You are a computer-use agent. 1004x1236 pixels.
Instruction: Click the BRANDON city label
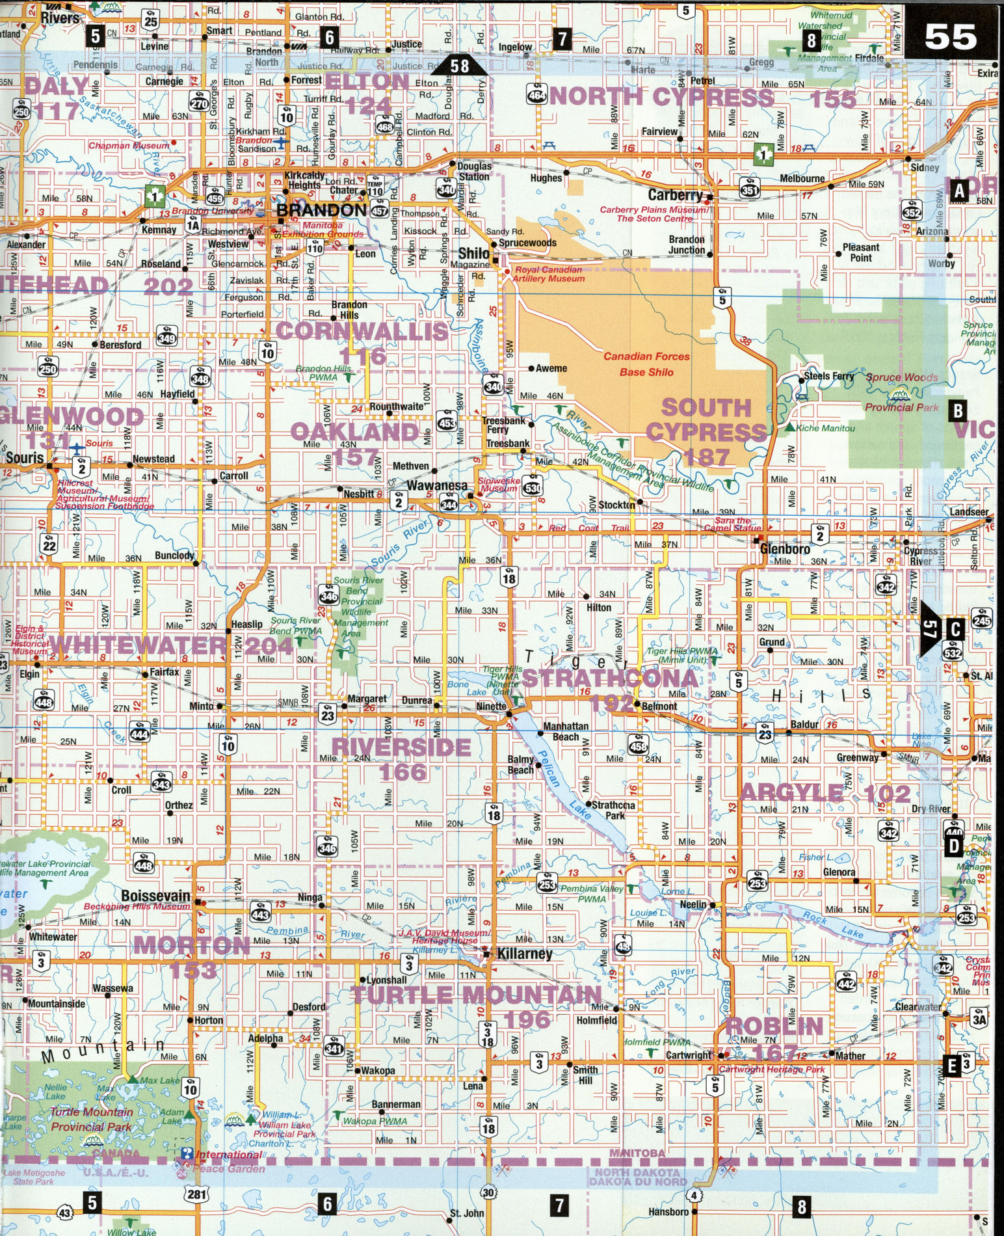point(321,210)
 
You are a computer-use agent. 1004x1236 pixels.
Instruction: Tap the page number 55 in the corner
point(950,37)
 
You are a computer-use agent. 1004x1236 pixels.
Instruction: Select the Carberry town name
point(676,195)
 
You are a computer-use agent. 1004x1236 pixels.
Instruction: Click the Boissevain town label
point(156,896)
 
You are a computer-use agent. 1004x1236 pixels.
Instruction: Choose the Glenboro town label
point(785,549)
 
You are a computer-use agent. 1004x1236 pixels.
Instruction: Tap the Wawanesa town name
point(437,486)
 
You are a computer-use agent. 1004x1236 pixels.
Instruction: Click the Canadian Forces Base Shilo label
point(646,364)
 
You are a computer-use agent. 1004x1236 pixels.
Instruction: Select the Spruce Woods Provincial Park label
point(901,392)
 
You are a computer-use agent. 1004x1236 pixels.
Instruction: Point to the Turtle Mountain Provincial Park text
point(92,1120)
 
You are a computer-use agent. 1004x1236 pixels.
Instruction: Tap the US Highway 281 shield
point(196,1192)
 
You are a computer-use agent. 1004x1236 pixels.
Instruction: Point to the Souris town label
point(25,457)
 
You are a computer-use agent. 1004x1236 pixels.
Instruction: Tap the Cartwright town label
point(689,1055)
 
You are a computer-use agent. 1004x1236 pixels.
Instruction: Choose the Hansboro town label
point(668,1212)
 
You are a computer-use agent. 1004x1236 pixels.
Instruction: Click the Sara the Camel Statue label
point(733,524)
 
